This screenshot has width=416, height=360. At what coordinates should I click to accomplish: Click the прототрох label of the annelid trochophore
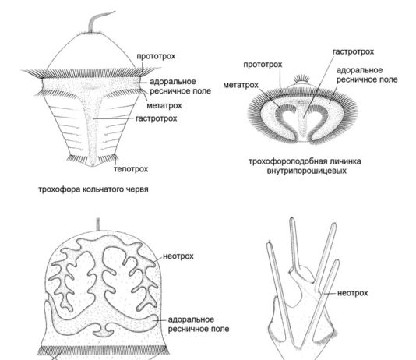tap(156, 56)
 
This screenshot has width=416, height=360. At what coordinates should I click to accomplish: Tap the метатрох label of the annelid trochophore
tap(164, 106)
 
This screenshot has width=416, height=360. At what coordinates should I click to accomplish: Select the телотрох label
tap(131, 169)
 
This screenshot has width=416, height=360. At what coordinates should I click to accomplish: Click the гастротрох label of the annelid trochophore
tap(156, 118)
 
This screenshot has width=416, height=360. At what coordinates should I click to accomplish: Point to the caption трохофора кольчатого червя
tap(93, 189)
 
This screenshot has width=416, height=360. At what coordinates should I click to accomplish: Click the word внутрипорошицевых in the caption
tap(306, 171)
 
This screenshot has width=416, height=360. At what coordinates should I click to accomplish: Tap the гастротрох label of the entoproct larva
tap(353, 51)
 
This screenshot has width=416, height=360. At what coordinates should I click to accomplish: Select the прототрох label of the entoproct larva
tap(263, 65)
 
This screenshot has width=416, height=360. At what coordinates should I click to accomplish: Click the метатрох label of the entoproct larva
tap(241, 85)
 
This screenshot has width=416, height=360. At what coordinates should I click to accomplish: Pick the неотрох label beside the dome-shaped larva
tap(178, 256)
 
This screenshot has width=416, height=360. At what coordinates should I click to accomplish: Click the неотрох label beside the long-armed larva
tap(353, 293)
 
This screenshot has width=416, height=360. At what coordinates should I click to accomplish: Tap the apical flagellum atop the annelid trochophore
tap(99, 20)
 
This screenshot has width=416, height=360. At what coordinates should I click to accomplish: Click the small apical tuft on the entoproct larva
tap(301, 79)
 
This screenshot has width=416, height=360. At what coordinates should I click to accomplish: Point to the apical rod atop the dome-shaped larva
tap(97, 224)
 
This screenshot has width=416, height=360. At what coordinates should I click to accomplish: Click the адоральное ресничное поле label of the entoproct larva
tap(367, 75)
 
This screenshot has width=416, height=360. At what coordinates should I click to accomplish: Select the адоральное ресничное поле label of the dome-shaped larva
tap(199, 324)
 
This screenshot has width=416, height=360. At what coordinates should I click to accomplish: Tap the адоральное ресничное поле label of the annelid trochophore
tap(181, 86)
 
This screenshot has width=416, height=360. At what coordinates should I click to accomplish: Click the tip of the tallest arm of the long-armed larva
tap(292, 219)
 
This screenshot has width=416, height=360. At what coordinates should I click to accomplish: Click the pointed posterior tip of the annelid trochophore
tap(93, 166)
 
